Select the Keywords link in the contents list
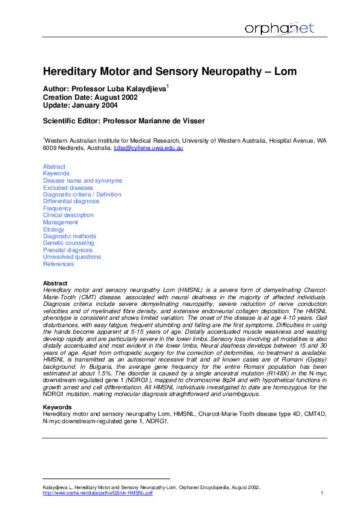[56, 173]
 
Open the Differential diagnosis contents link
[71, 201]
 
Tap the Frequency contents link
[57, 209]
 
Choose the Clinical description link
[68, 215]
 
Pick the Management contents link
[61, 222]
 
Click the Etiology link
[54, 230]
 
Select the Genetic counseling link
[68, 243]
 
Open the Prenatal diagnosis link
[68, 250]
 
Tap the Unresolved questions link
[72, 257]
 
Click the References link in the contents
[59, 264]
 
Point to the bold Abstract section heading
[55, 283]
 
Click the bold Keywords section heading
[56, 407]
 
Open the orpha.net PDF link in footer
[97, 493]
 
